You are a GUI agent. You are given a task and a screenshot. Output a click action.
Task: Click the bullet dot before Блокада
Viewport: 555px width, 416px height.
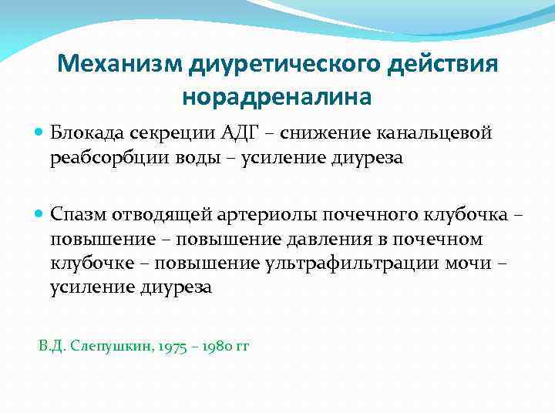click(x=40, y=133)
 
